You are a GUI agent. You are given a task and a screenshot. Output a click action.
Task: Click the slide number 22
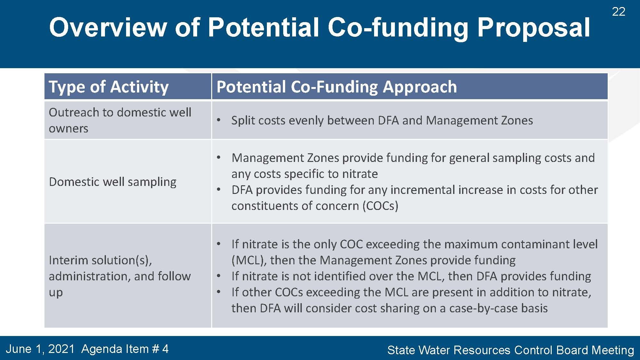(619, 12)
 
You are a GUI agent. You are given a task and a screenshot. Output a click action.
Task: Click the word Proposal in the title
(533, 28)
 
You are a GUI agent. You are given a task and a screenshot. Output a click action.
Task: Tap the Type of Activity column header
(108, 87)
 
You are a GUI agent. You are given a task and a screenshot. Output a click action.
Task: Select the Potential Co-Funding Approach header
(337, 87)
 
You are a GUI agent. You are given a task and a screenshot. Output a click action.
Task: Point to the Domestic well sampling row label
(113, 182)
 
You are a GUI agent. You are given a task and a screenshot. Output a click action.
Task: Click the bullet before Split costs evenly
(219, 121)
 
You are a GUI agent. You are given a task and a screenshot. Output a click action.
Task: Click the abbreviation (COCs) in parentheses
(380, 206)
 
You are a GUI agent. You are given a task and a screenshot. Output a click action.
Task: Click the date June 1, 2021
(40, 349)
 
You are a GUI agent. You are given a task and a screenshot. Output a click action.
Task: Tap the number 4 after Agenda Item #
(165, 349)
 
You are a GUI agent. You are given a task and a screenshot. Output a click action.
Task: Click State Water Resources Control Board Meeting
(511, 350)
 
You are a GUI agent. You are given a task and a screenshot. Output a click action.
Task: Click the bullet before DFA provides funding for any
(219, 190)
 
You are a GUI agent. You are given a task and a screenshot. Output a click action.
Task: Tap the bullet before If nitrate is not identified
(219, 276)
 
